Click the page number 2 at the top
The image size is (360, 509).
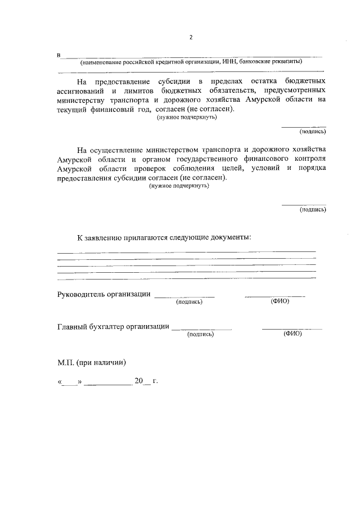(191, 37)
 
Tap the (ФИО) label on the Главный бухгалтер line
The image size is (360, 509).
(293, 334)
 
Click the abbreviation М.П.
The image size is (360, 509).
(67, 362)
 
